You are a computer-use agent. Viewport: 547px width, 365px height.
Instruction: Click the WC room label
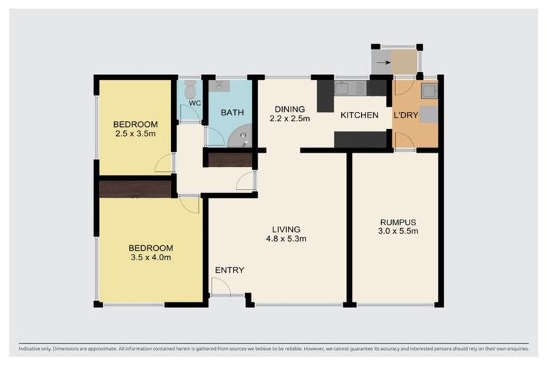pyautogui.click(x=195, y=103)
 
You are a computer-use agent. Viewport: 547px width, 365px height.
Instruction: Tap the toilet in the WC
pyautogui.click(x=189, y=91)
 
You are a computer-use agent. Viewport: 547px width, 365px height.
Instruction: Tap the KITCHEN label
pyautogui.click(x=359, y=115)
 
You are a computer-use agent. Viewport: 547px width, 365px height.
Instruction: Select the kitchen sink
pyautogui.click(x=343, y=88)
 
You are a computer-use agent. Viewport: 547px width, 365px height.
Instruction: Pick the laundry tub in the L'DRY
pyautogui.click(x=429, y=91)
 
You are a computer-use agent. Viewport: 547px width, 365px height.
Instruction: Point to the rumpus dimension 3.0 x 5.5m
pyautogui.click(x=397, y=231)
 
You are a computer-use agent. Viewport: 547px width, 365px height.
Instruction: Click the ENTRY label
pyautogui.click(x=229, y=270)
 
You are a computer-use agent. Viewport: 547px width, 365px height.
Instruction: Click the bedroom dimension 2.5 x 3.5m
pyautogui.click(x=135, y=133)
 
